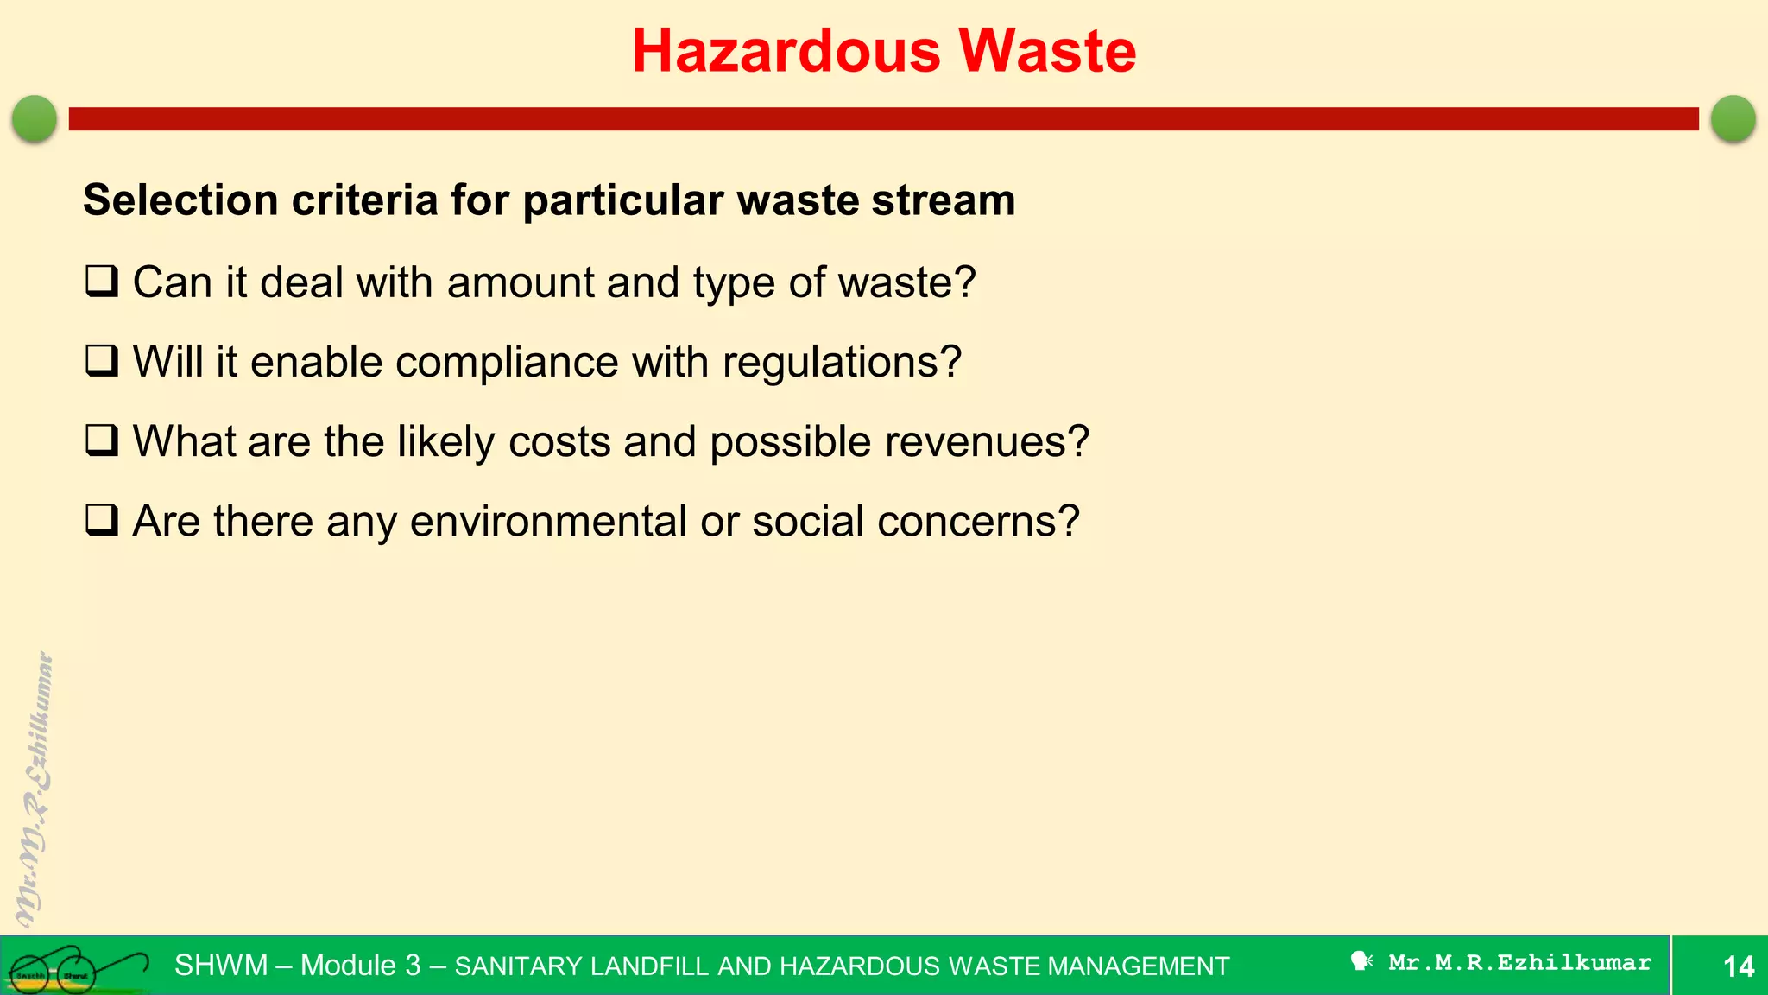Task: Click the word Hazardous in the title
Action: (x=786, y=51)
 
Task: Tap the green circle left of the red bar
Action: (x=35, y=118)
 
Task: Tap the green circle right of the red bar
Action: (x=1733, y=118)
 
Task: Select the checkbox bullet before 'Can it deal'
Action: (x=102, y=282)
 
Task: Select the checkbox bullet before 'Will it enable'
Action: (x=102, y=361)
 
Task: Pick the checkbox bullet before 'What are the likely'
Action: (x=102, y=440)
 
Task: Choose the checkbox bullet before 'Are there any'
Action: (x=102, y=520)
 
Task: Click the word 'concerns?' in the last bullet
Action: (x=978, y=521)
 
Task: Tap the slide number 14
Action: (x=1738, y=966)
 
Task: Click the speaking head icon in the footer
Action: (x=1361, y=961)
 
